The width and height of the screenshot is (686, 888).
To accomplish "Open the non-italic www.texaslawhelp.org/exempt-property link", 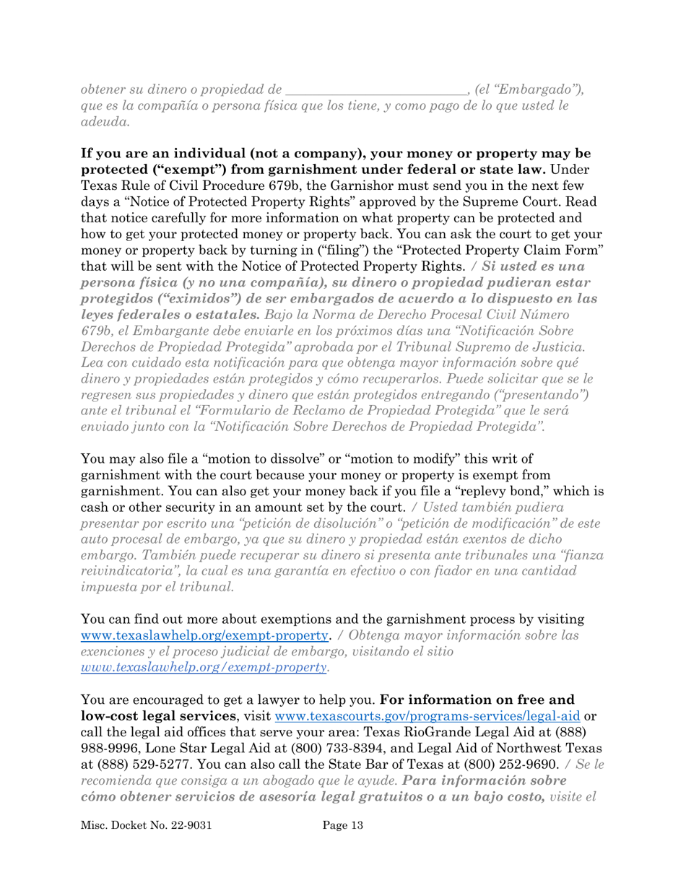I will pyautogui.click(x=205, y=637).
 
